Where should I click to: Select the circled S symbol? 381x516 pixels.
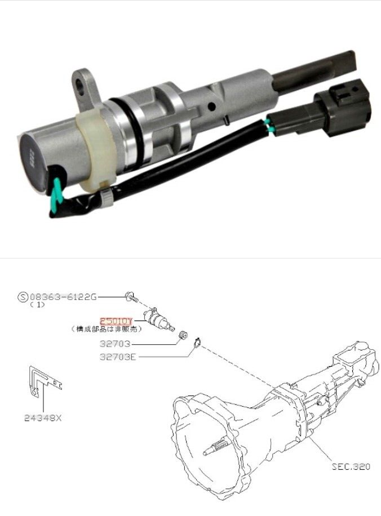(x=22, y=296)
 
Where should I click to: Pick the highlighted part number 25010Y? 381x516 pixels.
(x=116, y=321)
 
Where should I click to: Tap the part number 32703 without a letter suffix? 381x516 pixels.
(x=116, y=342)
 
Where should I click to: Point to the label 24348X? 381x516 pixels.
(x=43, y=418)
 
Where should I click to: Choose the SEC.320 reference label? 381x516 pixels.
(x=351, y=466)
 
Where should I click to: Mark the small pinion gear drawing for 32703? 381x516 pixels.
(x=182, y=336)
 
